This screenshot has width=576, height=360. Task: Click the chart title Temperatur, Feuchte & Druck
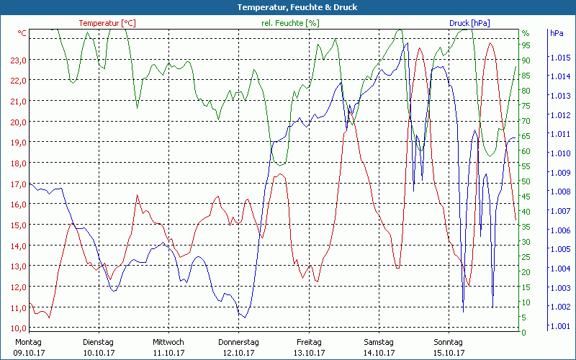287,7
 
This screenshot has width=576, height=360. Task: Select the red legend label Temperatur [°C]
107,23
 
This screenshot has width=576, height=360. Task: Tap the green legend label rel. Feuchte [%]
290,23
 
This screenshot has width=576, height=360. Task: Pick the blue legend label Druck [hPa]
469,23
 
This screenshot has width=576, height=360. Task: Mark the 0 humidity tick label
524,332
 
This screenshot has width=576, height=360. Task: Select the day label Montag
28,342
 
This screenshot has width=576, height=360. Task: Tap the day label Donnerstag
238,342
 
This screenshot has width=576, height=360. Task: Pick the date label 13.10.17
308,353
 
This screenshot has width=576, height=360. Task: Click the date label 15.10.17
448,353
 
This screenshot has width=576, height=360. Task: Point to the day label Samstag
378,342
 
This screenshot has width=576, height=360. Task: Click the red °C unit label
22,33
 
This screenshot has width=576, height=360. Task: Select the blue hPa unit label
557,33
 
